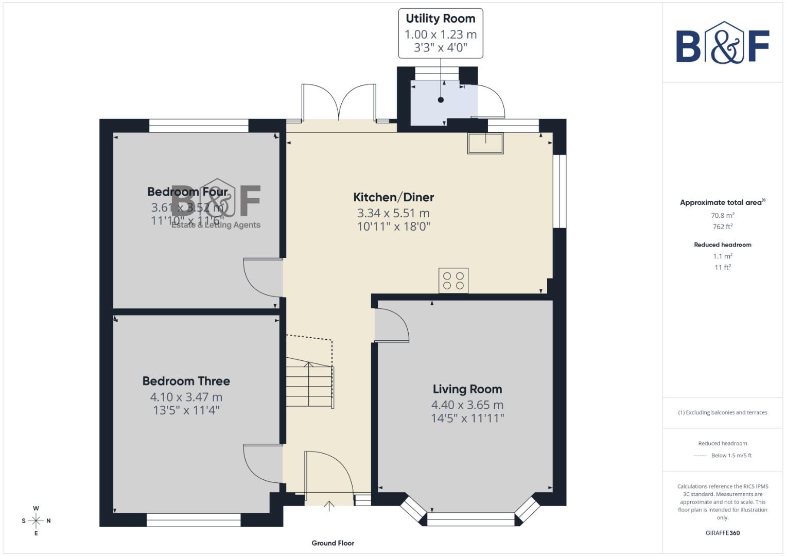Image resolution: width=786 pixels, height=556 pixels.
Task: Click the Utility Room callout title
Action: tap(440, 19)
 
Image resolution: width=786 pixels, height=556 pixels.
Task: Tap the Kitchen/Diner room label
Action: tap(393, 197)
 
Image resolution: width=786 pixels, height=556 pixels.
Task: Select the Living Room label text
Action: tap(467, 389)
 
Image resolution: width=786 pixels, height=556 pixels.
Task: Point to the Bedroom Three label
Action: tap(186, 381)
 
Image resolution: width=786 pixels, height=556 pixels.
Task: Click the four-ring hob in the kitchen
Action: tap(453, 281)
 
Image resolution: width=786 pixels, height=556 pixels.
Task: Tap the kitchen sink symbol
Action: tap(485, 143)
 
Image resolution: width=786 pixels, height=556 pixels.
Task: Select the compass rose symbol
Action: tap(36, 521)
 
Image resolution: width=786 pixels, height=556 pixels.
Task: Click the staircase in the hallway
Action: tap(309, 384)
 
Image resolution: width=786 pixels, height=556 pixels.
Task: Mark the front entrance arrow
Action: tap(329, 506)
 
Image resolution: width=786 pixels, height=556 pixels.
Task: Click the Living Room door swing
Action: tap(391, 325)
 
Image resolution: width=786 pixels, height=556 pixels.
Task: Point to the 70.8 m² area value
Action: tap(722, 216)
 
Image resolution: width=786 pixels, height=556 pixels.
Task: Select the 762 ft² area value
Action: tap(722, 227)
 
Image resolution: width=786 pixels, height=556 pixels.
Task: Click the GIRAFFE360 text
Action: tap(722, 533)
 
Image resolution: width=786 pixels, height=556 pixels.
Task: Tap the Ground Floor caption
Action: tap(333, 543)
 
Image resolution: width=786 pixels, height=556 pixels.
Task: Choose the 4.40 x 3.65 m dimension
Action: tap(467, 405)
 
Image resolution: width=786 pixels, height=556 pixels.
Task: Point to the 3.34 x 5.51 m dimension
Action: tap(393, 213)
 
